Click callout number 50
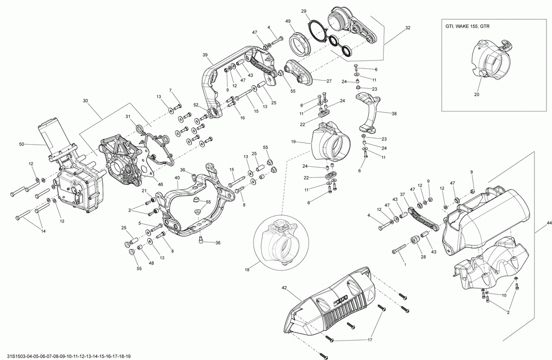point(22,145)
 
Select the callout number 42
point(284,287)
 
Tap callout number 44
point(549,222)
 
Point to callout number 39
point(205,55)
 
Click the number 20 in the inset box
point(476,94)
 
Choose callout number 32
point(407,27)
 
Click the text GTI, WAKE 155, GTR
point(467,26)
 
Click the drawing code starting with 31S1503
point(69,356)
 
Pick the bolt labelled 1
point(399,252)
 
